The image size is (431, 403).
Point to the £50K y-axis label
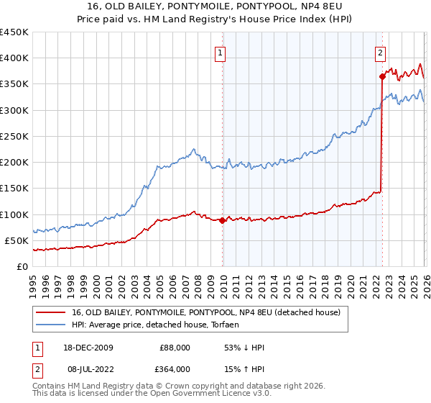pos(17,240)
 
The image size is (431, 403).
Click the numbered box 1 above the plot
pos(219,52)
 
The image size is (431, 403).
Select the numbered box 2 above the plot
pos(379,52)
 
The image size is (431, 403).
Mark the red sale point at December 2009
pos(222,221)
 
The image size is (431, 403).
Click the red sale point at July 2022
pos(381,76)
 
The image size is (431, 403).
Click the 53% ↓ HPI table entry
pos(244,348)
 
